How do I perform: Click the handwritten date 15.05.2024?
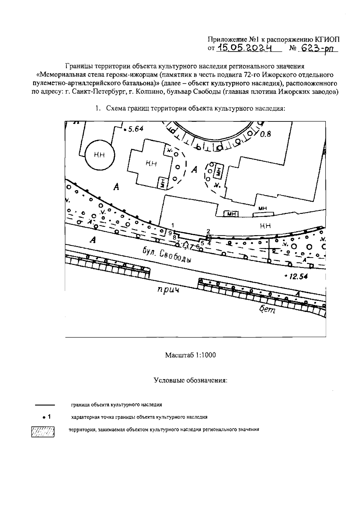[x=244, y=47]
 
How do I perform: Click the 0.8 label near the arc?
[x=265, y=134]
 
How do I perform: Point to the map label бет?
[x=266, y=310]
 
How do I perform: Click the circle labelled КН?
[x=99, y=155]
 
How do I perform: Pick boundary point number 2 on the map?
[x=208, y=236]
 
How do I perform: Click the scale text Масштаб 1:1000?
[x=190, y=355]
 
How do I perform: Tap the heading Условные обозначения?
[x=190, y=380]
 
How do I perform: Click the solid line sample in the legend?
[x=45, y=405]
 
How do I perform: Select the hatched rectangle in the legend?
[x=43, y=432]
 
